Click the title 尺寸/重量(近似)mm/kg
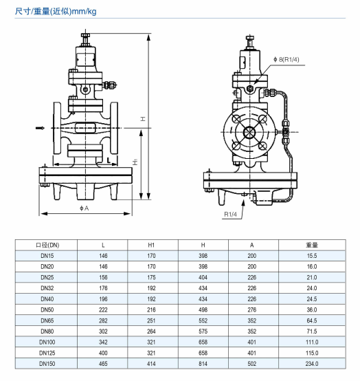tap(56, 11)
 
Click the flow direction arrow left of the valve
tap(40, 128)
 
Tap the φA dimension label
tap(85, 208)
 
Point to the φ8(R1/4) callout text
tap(286, 60)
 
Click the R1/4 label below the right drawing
tap(230, 215)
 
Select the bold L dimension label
tap(109, 160)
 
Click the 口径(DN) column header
tap(47, 245)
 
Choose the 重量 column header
tap(312, 245)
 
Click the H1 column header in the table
tap(151, 245)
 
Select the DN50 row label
tap(47, 309)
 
